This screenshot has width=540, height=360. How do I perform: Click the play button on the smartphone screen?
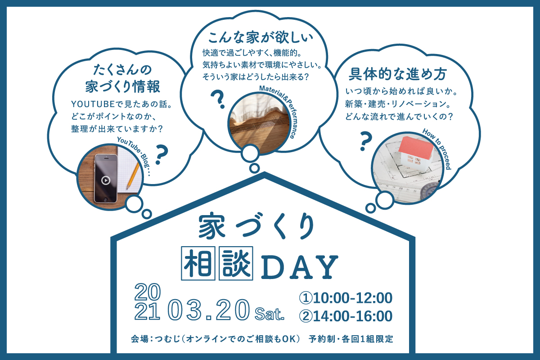coord(105,180)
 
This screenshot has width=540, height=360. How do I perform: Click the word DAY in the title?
coord(299,266)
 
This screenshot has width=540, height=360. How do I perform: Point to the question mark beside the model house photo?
coord(366,141)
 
